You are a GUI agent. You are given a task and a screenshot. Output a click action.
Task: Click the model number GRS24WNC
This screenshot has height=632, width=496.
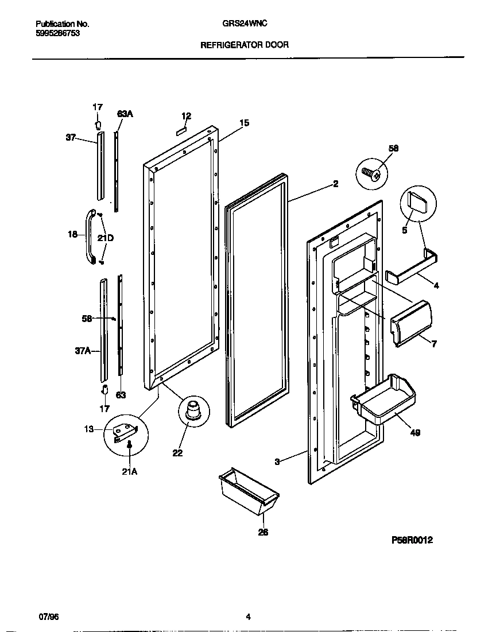coord(244,24)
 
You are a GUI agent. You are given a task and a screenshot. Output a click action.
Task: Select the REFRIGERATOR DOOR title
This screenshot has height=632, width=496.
coord(244,44)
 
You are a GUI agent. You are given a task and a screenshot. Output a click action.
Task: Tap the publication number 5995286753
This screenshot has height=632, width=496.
coord(57,33)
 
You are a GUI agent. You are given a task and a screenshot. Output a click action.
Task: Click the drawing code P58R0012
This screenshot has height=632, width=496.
coord(412,540)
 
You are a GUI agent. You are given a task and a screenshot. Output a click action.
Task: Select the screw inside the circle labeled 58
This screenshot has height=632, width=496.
coord(370,172)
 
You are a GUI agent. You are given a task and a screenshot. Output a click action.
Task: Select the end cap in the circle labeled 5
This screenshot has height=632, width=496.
coord(417,204)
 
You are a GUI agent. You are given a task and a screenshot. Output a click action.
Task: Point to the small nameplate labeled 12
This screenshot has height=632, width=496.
coord(182,130)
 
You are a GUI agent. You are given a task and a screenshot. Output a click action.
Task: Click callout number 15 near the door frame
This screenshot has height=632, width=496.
coord(244,123)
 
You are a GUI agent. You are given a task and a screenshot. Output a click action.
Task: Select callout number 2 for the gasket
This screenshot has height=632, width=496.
coord(335,184)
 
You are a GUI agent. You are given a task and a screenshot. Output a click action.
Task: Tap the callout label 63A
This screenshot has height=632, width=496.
coord(125,114)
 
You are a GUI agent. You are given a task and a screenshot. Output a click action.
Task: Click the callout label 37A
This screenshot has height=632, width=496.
coord(84,350)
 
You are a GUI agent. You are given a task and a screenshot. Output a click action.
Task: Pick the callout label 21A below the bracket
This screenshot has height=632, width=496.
coord(130,472)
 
